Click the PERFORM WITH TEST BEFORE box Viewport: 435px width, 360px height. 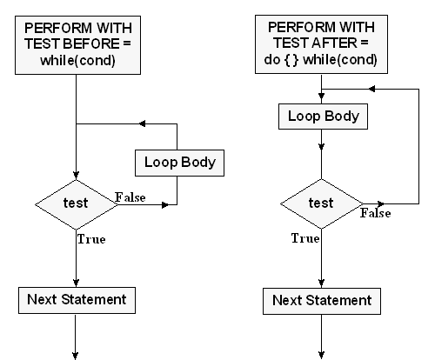(77, 45)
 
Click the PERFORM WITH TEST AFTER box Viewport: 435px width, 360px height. (321, 44)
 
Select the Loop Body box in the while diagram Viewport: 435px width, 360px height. (179, 163)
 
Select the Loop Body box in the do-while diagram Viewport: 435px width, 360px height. (323, 117)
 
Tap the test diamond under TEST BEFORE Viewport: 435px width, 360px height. (77, 204)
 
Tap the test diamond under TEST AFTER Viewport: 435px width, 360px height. (321, 203)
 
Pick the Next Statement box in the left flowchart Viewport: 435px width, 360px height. (77, 300)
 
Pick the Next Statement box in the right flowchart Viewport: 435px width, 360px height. (322, 301)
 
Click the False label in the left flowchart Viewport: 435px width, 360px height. (130, 197)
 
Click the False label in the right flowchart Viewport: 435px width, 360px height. (376, 213)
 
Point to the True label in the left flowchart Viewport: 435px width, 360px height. (91, 239)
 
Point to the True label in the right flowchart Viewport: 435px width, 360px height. (305, 238)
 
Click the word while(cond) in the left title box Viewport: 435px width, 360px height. (77, 61)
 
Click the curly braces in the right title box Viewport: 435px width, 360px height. (291, 60)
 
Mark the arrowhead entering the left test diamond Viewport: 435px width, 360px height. (76, 176)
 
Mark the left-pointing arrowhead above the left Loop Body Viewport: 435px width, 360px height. (143, 123)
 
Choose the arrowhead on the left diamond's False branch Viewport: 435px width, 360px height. (165, 205)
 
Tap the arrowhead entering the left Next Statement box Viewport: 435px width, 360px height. (76, 283)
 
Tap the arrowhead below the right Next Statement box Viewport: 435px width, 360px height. (321, 355)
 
